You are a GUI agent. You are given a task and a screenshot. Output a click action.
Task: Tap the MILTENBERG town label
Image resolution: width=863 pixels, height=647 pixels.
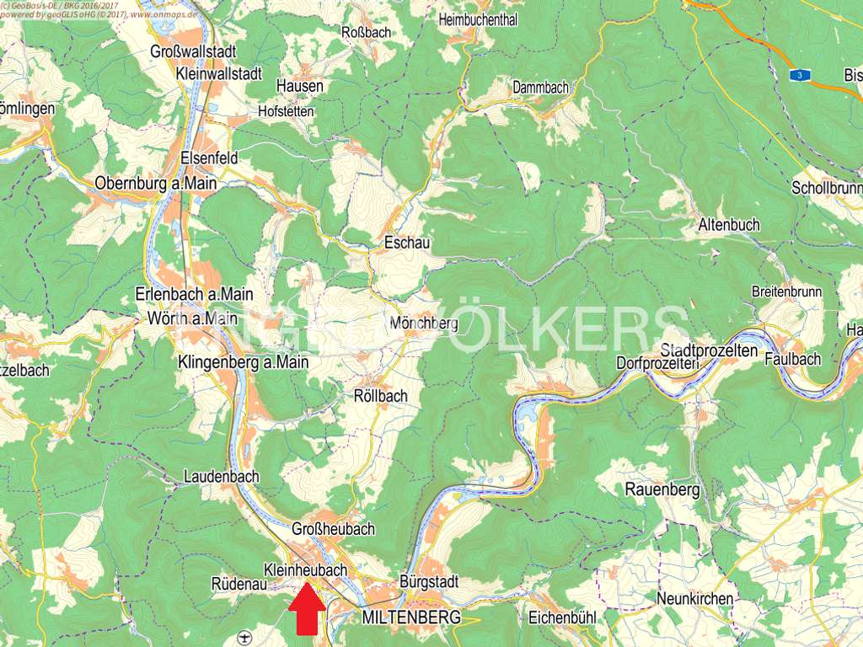411,618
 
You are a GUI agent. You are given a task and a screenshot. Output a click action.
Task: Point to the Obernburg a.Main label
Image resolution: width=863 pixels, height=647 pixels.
156,183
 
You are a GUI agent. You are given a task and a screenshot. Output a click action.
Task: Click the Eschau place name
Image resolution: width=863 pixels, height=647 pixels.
407,243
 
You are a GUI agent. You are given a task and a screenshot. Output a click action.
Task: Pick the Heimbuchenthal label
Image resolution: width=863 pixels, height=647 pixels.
478,20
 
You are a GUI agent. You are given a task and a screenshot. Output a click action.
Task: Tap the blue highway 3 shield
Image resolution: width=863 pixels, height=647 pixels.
798,75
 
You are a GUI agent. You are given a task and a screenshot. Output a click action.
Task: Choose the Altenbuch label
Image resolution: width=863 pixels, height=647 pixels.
729,225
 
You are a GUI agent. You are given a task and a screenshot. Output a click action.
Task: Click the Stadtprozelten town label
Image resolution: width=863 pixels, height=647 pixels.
710,350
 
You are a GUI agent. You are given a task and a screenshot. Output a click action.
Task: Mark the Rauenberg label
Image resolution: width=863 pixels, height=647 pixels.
662,489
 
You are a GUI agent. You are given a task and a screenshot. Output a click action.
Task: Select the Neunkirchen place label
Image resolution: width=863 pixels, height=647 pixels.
695,599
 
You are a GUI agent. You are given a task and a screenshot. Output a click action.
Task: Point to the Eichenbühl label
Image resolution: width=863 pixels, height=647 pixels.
562,618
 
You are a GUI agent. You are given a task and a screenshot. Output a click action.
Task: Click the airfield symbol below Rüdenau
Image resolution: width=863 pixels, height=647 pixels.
244,636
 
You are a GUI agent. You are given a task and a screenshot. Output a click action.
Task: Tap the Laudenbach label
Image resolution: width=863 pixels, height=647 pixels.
222,477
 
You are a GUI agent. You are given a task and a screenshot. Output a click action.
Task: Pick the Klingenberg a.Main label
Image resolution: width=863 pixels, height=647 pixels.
244,361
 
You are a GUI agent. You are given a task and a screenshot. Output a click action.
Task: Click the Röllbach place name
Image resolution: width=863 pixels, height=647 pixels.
380,396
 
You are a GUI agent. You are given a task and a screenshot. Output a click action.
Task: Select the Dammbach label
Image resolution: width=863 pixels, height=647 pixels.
540,88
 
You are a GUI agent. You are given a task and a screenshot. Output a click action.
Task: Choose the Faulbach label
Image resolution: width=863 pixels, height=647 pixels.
792,359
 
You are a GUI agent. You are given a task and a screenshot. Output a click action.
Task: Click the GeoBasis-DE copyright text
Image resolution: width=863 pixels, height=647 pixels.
51,4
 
